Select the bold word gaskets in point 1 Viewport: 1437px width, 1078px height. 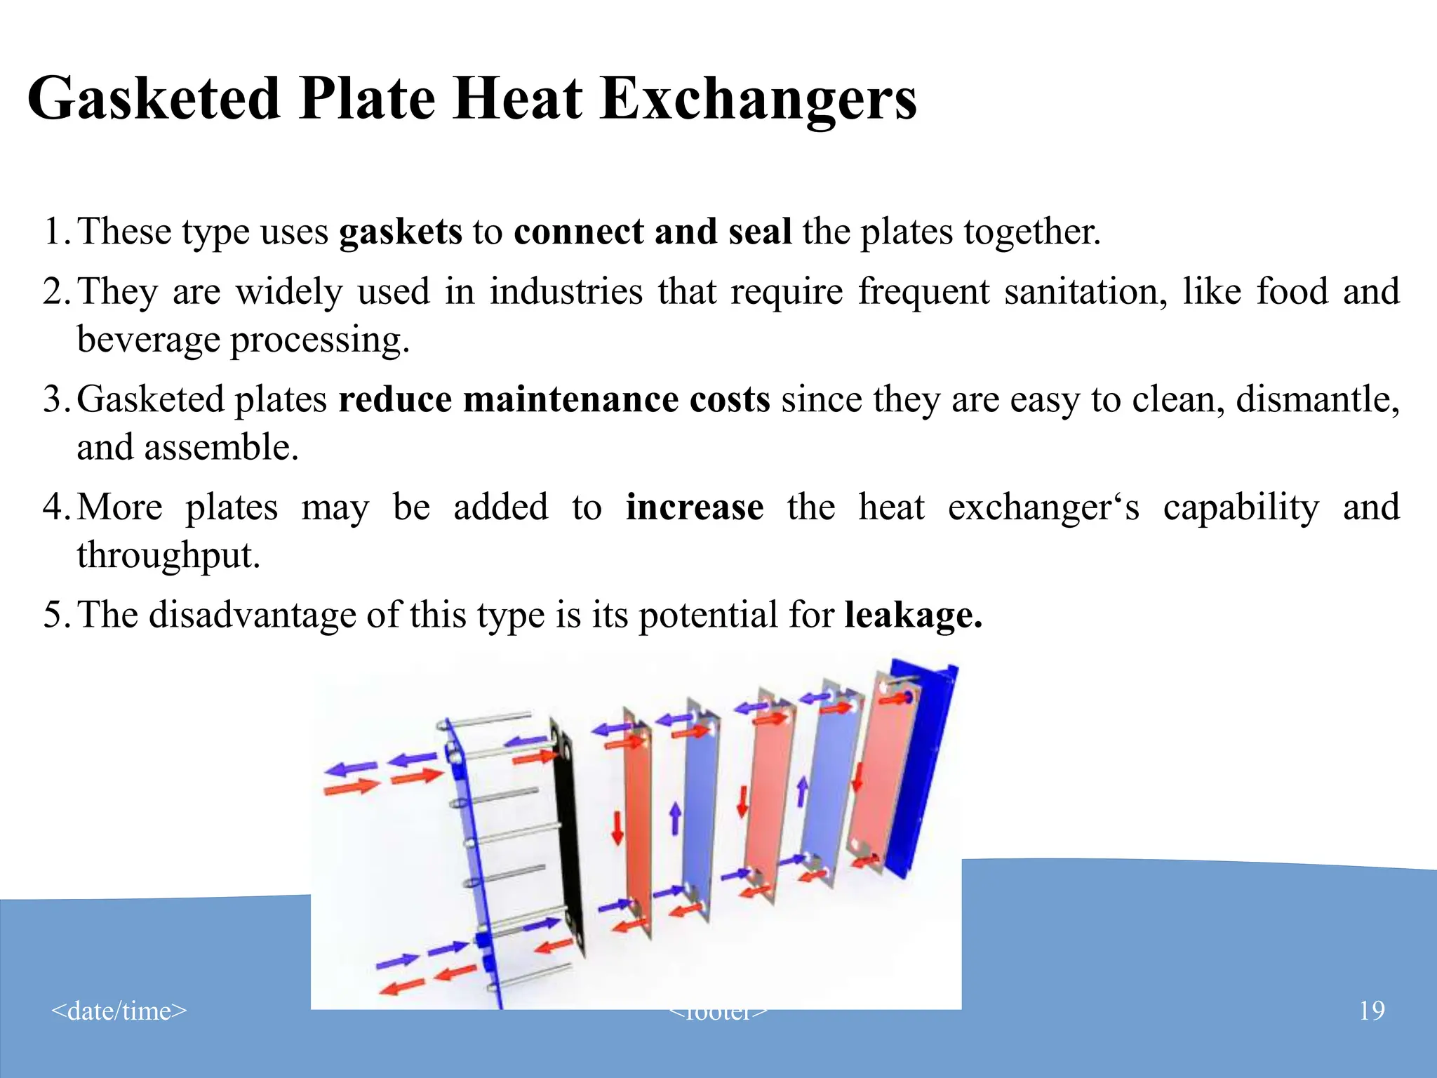[401, 232]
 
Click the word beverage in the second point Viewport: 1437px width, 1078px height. [148, 340]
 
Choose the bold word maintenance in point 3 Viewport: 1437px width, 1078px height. [570, 399]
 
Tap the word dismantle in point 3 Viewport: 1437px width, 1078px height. [1317, 399]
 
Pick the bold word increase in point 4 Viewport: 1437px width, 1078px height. [695, 507]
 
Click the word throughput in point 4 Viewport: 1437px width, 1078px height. [168, 555]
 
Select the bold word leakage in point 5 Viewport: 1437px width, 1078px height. [912, 615]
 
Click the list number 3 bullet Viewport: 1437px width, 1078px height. [55, 399]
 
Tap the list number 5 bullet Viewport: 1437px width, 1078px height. [55, 615]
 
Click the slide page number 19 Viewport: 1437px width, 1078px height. [1372, 1011]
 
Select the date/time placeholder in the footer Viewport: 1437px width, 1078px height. [119, 1011]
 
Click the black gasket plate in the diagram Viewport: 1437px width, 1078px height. [567, 835]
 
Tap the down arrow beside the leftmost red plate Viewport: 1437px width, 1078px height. [617, 828]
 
